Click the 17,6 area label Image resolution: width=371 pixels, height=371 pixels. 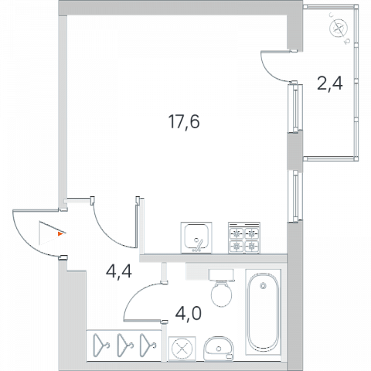click(x=184, y=121)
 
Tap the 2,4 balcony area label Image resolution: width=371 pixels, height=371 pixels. click(x=330, y=83)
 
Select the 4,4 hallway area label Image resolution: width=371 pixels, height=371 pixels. click(x=119, y=271)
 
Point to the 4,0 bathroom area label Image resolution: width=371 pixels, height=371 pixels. click(x=188, y=313)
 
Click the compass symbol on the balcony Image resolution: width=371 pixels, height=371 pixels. click(x=339, y=28)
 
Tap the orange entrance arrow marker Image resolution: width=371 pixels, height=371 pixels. click(x=60, y=233)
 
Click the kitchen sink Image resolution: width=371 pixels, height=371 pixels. click(x=196, y=237)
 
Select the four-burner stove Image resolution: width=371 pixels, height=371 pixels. click(x=244, y=237)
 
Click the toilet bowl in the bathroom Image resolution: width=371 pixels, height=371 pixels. click(x=222, y=294)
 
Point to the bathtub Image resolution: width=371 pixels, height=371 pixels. click(x=263, y=312)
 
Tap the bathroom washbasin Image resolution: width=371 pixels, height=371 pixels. click(x=219, y=348)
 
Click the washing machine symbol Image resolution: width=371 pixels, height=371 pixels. click(x=182, y=349)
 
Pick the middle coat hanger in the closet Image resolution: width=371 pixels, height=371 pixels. click(x=125, y=345)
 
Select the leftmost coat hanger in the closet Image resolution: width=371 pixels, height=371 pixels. click(x=101, y=345)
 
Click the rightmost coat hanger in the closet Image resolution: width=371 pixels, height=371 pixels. click(x=148, y=345)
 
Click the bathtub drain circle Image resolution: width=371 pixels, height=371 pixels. click(x=263, y=285)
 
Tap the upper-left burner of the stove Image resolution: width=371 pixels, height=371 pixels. click(x=237, y=234)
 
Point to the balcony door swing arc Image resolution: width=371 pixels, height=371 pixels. click(x=271, y=71)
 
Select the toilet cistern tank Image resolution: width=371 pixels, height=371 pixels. click(x=222, y=275)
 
